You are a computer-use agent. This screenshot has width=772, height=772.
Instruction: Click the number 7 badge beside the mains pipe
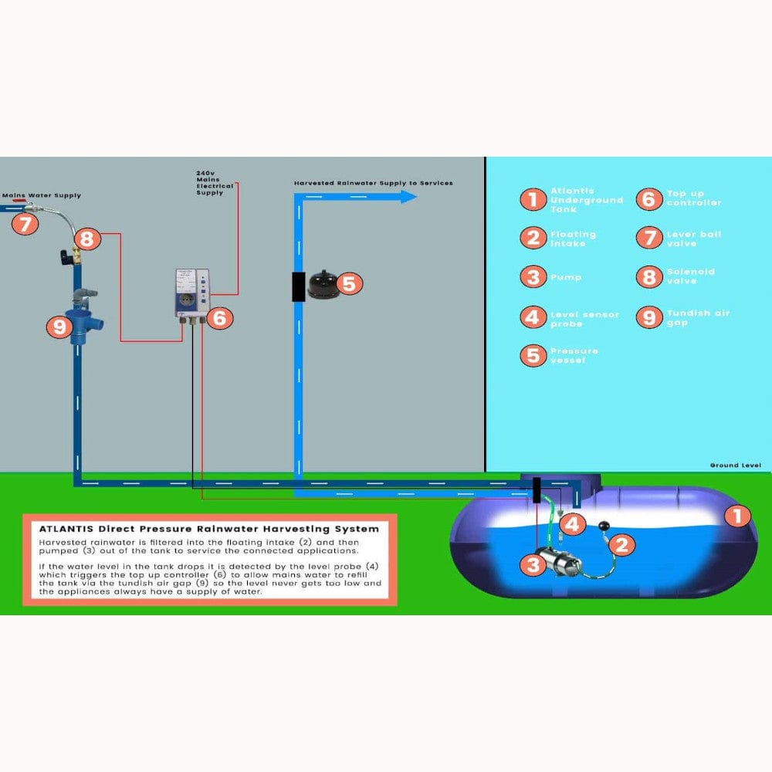26,225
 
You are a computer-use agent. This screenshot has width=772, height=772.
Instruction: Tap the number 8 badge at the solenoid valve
86,239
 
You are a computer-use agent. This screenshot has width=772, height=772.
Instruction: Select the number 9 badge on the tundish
59,327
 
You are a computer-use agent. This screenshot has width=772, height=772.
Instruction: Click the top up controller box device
192,293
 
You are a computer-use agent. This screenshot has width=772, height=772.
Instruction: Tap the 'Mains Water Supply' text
42,196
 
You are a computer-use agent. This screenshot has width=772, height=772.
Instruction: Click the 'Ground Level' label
735,466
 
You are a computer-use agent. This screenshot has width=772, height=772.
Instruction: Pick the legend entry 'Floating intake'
573,239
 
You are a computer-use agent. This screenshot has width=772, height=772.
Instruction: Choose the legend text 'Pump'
566,277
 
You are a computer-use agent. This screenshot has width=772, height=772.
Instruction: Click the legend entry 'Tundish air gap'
698,317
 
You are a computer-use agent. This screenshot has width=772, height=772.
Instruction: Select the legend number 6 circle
648,198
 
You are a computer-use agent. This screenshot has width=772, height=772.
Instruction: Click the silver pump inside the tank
568,564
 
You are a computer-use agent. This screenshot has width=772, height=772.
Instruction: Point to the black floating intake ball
604,527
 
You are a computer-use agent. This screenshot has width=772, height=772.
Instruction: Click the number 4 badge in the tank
571,524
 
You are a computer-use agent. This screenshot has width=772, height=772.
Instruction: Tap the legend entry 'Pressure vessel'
574,355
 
